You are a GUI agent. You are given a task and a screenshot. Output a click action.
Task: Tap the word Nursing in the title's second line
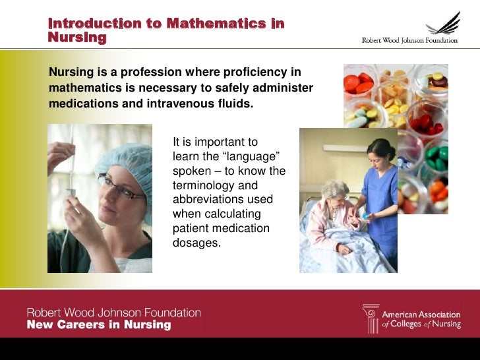pyautogui.click(x=76, y=38)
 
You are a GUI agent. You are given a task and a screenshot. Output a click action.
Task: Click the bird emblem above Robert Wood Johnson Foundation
pyautogui.click(x=443, y=24)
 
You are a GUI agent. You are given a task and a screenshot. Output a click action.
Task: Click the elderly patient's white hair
pyautogui.click(x=334, y=189)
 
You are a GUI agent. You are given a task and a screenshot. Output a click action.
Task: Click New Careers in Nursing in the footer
pyautogui.click(x=98, y=325)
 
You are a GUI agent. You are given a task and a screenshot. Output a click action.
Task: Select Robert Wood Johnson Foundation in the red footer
pyautogui.click(x=113, y=313)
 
